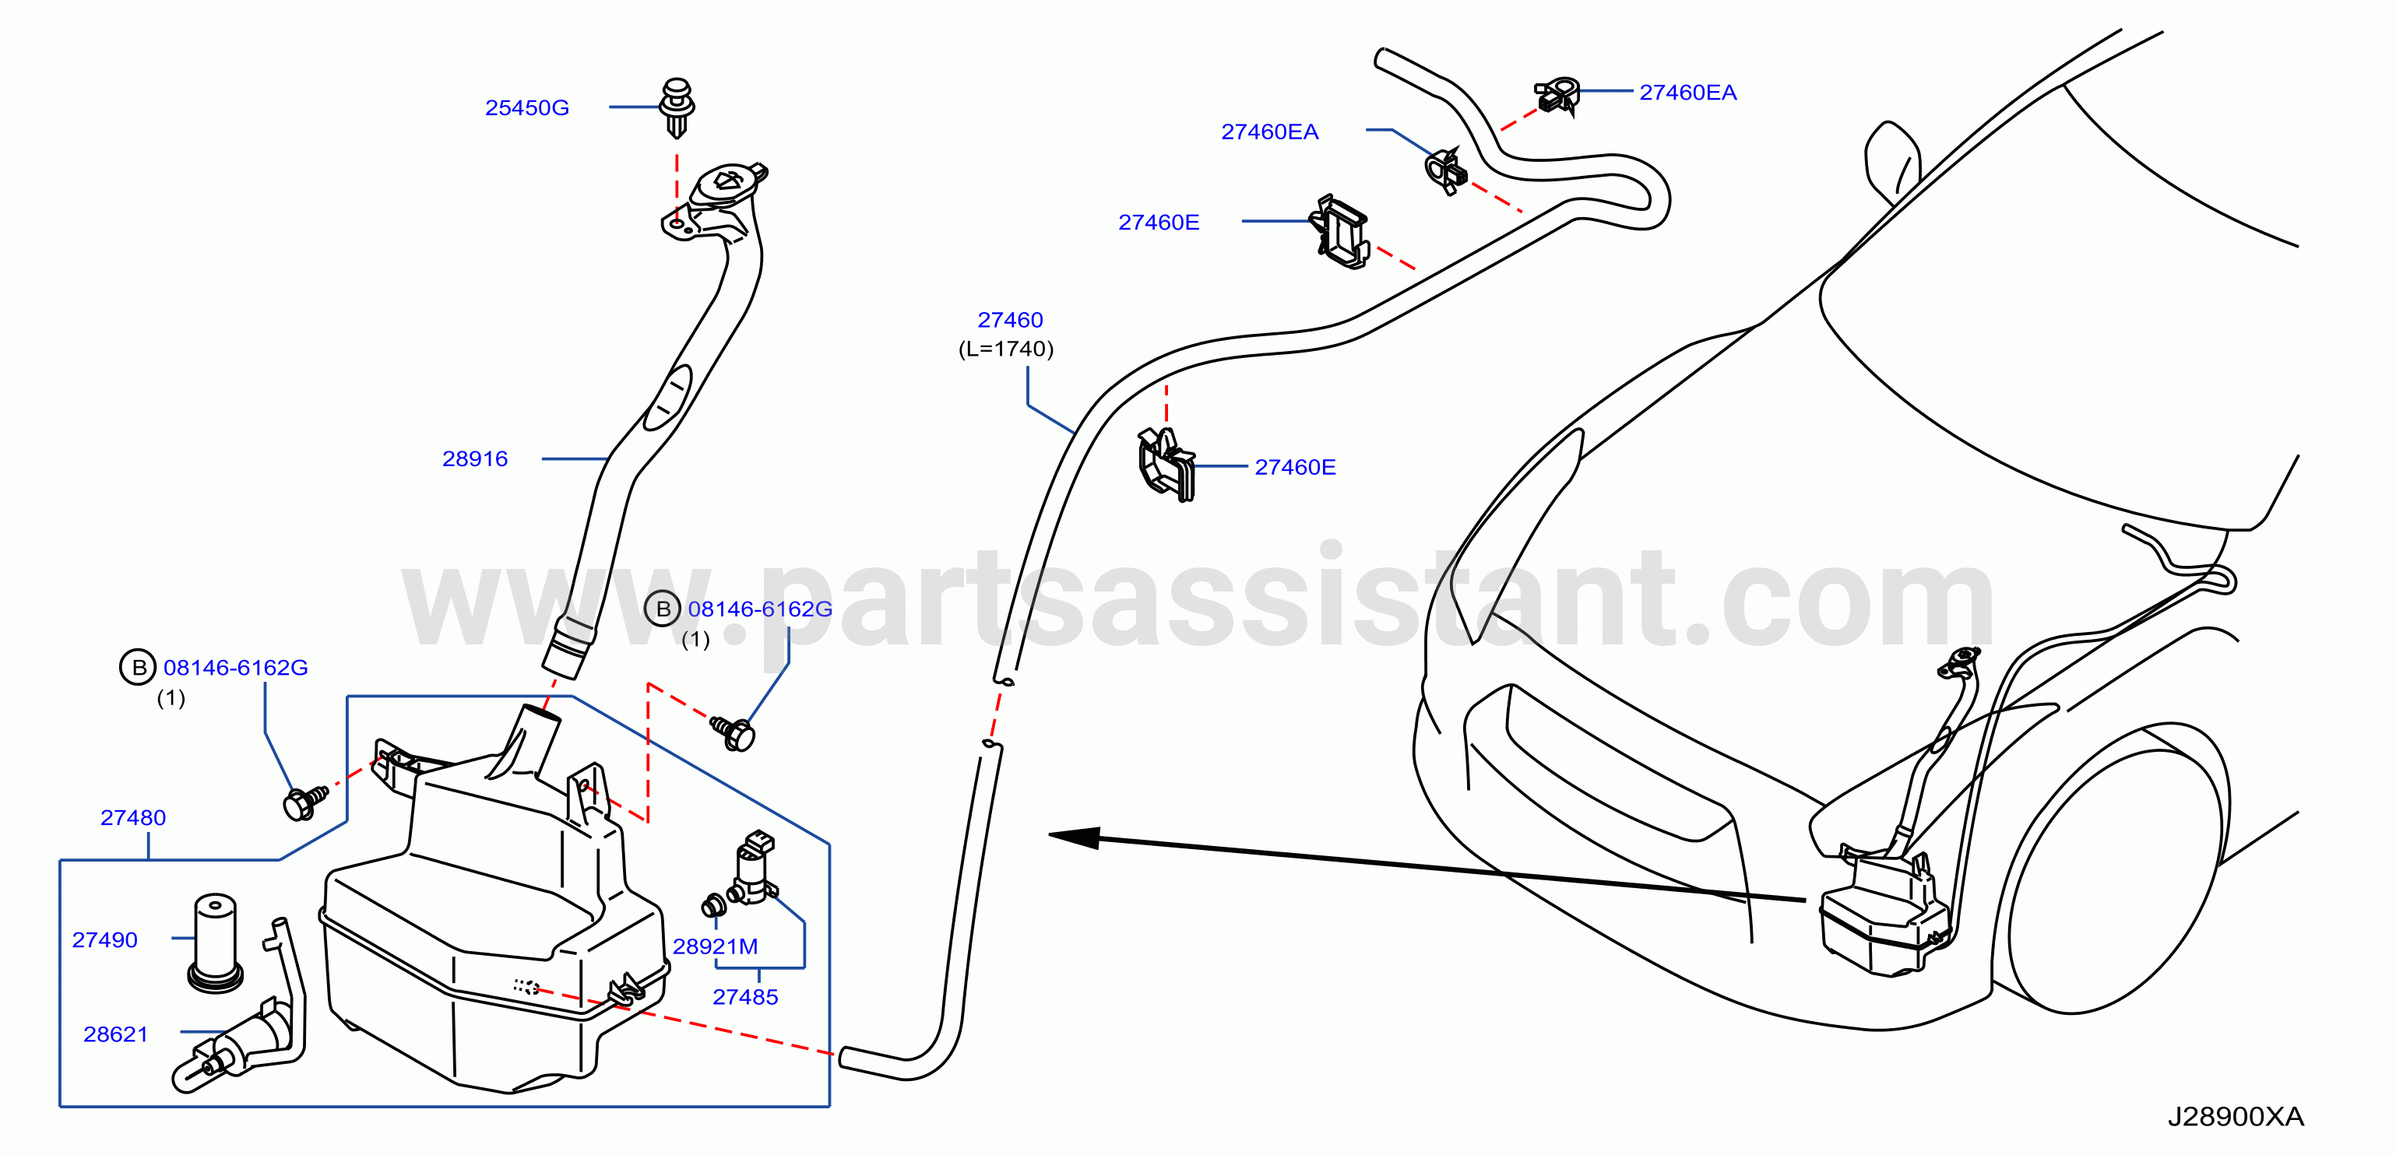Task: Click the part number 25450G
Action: pos(526,108)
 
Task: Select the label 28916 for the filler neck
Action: pos(474,458)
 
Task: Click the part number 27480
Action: pos(133,817)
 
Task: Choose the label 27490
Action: pos(104,940)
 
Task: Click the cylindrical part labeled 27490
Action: pos(215,943)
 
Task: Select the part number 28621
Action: pos(115,1034)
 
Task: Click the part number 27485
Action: pos(745,997)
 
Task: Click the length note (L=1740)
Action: pos(1005,349)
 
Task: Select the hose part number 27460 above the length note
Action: pos(1010,320)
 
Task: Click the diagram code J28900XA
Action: pos(2235,1116)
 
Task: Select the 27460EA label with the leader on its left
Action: pos(1687,93)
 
